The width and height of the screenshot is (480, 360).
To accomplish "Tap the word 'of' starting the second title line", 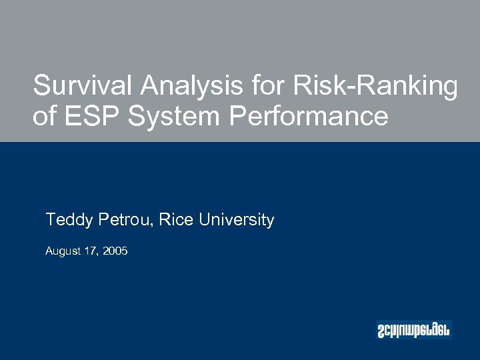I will [45, 116].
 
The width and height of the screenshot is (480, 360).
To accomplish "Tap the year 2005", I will [114, 251].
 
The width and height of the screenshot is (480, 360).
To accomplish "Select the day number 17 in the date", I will [89, 251].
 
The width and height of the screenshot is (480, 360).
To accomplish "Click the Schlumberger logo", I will [413, 329].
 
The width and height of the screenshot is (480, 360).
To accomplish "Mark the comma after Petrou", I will [154, 225].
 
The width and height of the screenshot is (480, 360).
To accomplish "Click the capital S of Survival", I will [42, 86].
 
